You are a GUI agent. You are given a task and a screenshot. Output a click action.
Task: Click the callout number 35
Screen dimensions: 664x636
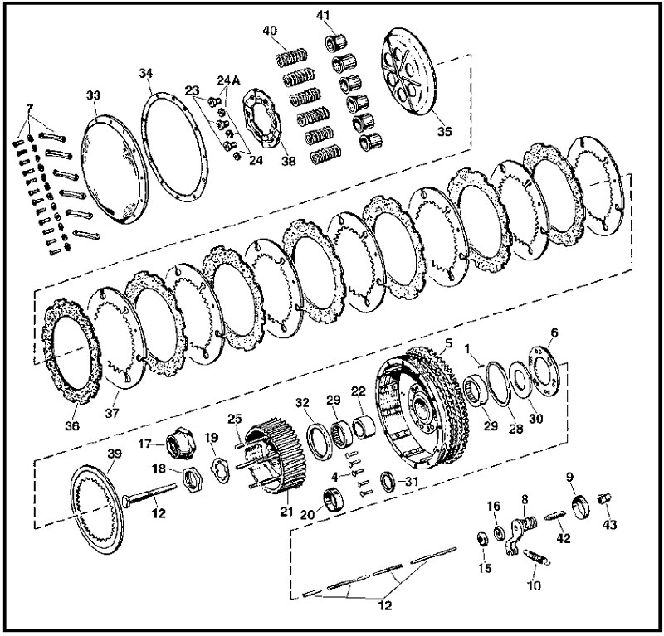tap(444, 131)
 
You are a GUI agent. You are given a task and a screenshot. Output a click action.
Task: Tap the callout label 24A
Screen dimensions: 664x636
tap(229, 80)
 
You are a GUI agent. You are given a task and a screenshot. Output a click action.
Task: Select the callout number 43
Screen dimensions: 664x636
tap(610, 524)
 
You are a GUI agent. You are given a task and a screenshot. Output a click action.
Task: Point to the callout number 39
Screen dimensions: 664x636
tap(115, 454)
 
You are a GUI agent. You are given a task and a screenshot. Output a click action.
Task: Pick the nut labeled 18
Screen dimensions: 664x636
tap(193, 480)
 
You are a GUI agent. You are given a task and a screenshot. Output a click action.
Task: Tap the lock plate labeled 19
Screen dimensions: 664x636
tap(220, 469)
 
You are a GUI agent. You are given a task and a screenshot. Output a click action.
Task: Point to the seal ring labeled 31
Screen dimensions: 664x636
tap(388, 481)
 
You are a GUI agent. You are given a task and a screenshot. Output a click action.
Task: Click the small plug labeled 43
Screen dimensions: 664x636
tap(603, 499)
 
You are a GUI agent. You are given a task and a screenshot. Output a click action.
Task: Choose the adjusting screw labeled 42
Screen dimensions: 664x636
tap(554, 517)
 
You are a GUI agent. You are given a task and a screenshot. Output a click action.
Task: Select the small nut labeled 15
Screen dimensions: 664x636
tap(482, 539)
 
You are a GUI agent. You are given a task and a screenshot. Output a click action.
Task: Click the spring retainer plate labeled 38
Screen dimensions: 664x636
tap(262, 118)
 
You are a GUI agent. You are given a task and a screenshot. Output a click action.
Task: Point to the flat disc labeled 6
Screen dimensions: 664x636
tap(544, 371)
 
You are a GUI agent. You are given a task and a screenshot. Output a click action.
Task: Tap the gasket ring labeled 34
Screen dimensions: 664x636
tap(174, 147)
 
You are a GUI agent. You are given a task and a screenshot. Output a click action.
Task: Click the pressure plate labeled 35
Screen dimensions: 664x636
tap(409, 71)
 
